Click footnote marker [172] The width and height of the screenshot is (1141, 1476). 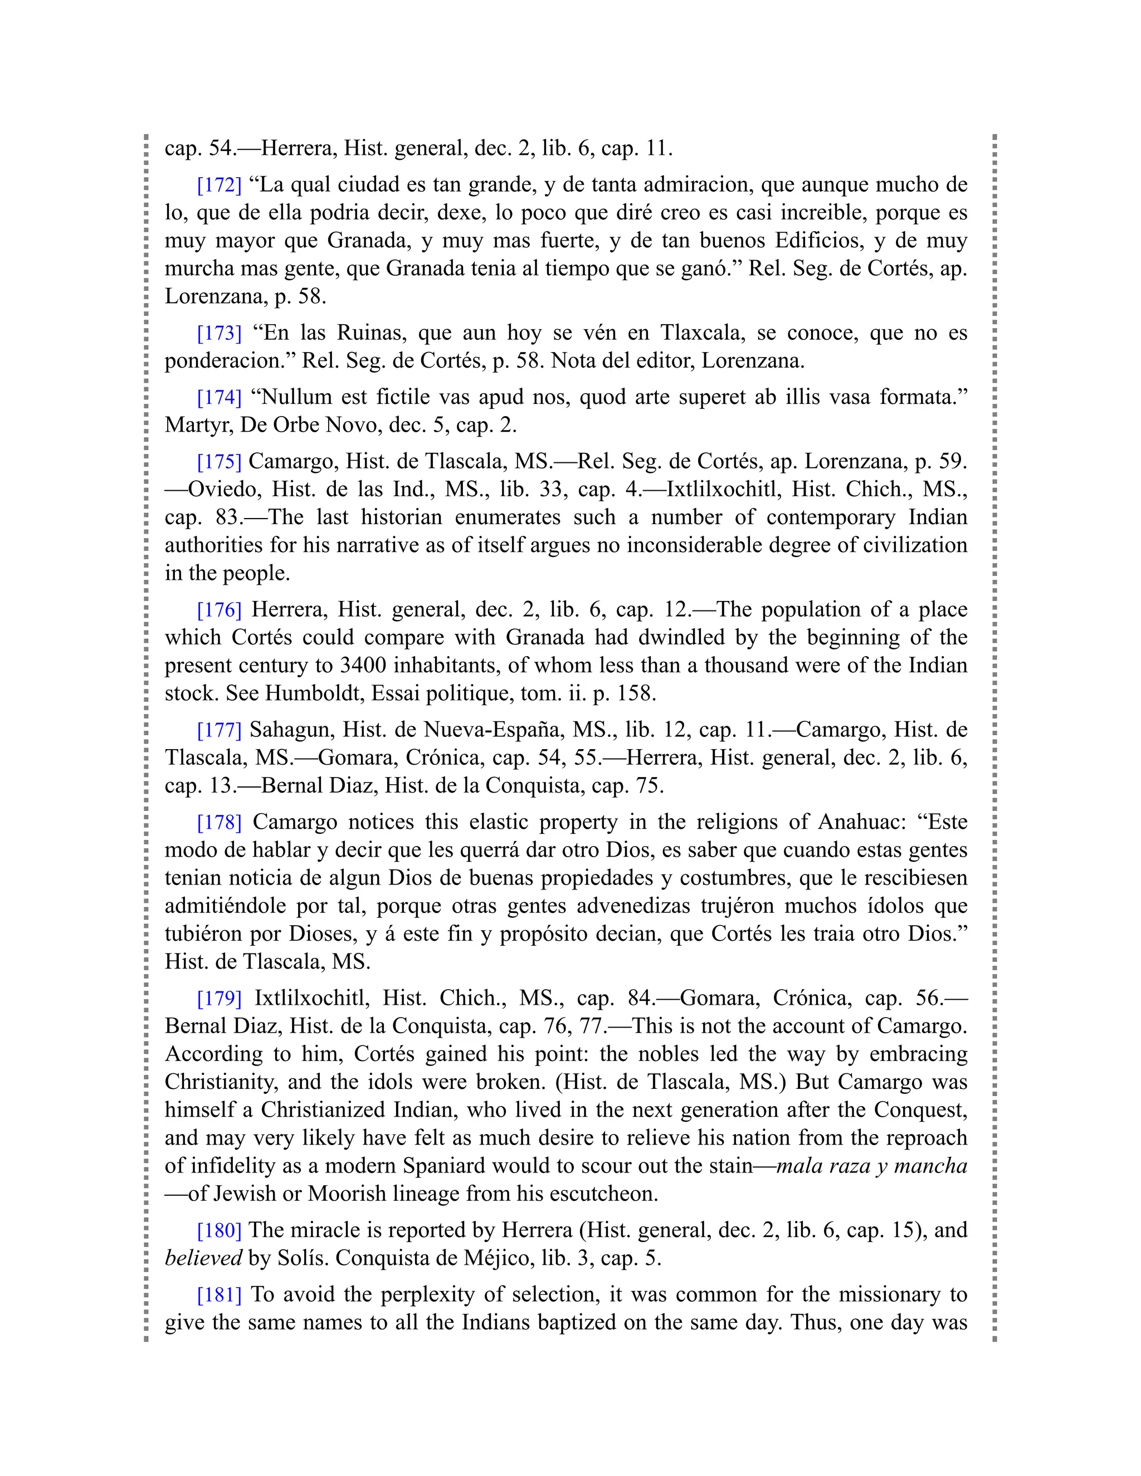(219, 184)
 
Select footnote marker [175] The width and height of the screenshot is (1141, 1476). (219, 462)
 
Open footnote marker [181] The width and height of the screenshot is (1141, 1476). (219, 1294)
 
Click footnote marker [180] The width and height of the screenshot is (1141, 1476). (219, 1230)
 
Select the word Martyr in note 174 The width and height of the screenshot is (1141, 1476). (197, 425)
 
